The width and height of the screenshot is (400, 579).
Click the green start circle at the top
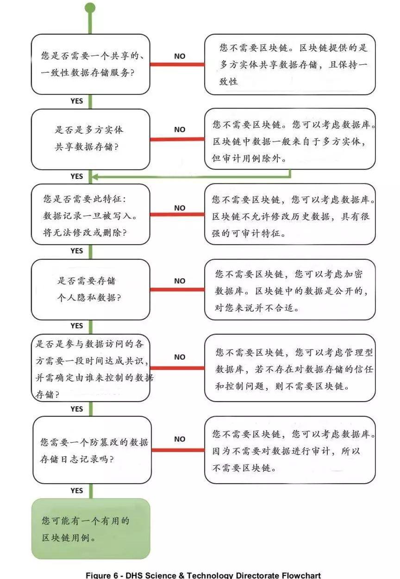[90, 7]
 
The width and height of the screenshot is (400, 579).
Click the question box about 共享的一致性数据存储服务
[90, 64]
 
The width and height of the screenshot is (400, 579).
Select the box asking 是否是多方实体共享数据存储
[90, 139]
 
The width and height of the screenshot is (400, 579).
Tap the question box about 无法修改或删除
[90, 214]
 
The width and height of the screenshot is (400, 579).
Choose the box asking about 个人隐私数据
[90, 289]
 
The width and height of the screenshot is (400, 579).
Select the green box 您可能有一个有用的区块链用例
[91, 528]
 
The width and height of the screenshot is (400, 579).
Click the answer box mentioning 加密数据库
[290, 289]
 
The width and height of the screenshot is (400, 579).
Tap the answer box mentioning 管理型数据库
[290, 368]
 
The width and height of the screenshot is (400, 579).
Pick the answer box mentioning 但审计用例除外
[290, 139]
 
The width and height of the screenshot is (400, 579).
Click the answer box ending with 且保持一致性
[290, 64]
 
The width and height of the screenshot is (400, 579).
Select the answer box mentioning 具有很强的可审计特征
[290, 214]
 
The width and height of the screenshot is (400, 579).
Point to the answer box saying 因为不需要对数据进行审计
[290, 450]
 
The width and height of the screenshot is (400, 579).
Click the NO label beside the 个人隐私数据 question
[180, 281]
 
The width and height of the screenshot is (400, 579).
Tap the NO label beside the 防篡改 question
[180, 439]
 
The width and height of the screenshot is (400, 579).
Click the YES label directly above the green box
[77, 491]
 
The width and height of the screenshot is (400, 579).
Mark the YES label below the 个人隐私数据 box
[77, 326]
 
